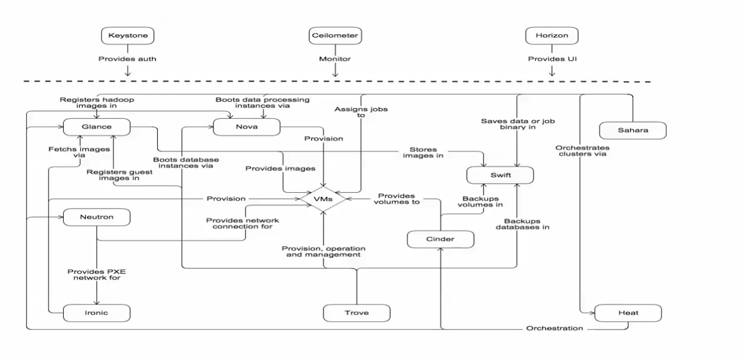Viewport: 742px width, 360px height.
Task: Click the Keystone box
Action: (x=128, y=36)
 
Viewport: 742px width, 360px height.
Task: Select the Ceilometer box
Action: (x=335, y=36)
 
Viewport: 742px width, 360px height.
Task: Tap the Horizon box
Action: (x=551, y=36)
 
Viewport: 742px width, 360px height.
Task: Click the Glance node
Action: (x=96, y=127)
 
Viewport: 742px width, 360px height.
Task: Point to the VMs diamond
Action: (x=323, y=199)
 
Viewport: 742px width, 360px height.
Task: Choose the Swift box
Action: (x=500, y=175)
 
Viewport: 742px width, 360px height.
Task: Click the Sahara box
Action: (x=632, y=130)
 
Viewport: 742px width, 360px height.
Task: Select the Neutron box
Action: (x=96, y=218)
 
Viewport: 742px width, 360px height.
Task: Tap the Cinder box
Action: (x=440, y=239)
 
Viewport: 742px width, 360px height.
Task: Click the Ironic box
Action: (x=96, y=313)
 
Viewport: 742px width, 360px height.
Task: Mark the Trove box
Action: (x=357, y=313)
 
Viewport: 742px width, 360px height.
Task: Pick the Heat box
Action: (x=628, y=313)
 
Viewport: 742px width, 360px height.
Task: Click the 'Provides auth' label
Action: (x=127, y=59)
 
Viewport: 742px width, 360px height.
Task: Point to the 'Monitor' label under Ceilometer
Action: (x=335, y=59)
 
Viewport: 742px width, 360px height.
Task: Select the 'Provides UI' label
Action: (x=551, y=59)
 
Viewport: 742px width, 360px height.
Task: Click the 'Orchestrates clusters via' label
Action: (x=582, y=151)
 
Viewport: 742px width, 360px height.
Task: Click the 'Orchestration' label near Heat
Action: (x=554, y=328)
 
